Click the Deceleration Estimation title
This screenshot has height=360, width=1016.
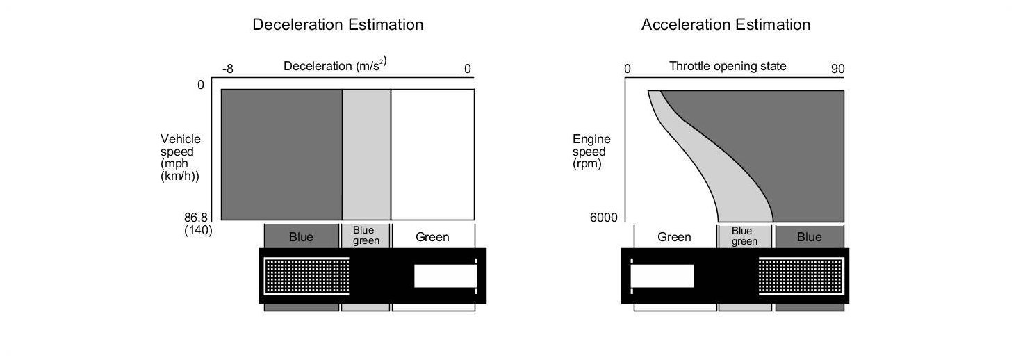click(338, 25)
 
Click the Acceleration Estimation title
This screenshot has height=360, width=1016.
click(726, 25)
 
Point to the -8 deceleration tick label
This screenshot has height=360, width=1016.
click(228, 69)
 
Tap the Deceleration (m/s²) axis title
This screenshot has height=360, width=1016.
click(335, 66)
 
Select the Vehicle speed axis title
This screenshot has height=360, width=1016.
click(180, 158)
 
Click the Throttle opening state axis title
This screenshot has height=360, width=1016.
click(728, 67)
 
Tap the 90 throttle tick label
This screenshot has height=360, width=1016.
click(837, 69)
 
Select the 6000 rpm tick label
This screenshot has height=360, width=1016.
click(603, 218)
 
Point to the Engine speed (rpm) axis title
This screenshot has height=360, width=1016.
click(589, 152)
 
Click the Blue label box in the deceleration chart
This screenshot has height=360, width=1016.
click(301, 237)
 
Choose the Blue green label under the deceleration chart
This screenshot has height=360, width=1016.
click(366, 236)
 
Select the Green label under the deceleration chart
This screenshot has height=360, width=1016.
click(432, 237)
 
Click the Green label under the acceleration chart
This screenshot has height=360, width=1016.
click(674, 237)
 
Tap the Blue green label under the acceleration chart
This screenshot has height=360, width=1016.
click(744, 236)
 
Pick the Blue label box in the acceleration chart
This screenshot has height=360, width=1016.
click(809, 237)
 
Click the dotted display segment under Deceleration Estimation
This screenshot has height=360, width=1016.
click(306, 276)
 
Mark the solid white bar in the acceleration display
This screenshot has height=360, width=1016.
click(662, 275)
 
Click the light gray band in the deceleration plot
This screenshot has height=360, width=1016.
click(366, 154)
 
